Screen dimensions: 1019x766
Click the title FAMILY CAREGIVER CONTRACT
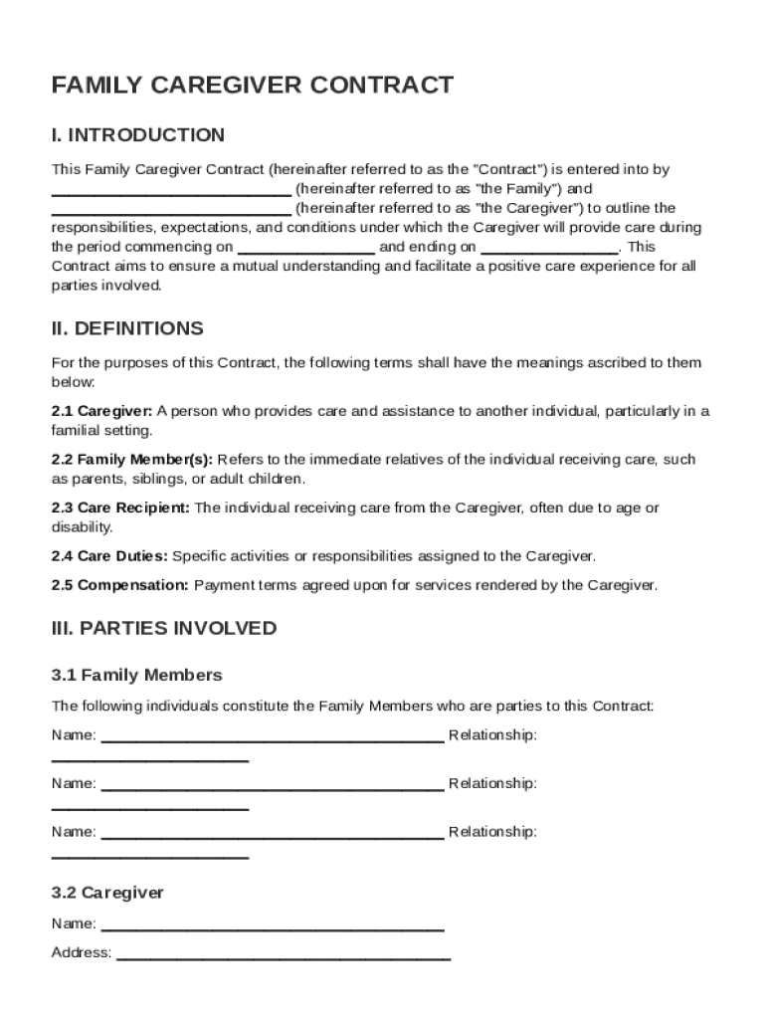click(253, 86)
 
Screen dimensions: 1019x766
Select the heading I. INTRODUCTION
click(138, 135)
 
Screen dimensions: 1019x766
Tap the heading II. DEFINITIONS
click(127, 328)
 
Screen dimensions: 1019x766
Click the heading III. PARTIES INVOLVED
click(164, 629)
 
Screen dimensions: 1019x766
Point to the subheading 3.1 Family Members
click(137, 676)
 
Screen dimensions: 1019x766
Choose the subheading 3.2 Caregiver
click(107, 893)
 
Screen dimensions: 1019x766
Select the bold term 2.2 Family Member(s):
click(132, 460)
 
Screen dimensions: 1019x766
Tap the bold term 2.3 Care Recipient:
click(120, 508)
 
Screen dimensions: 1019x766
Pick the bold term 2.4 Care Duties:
click(109, 555)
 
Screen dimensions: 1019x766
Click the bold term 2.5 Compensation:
click(120, 585)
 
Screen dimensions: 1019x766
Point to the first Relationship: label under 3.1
click(492, 735)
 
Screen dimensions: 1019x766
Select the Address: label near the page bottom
click(82, 952)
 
